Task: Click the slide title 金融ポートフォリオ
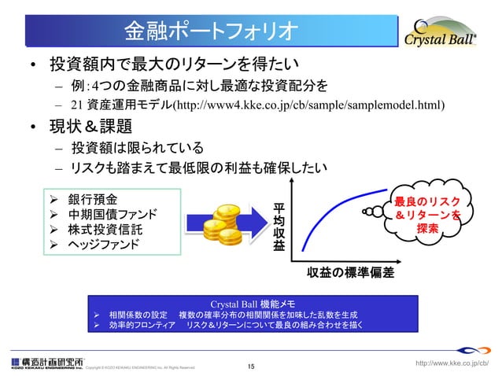(211, 31)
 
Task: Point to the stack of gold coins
(220, 222)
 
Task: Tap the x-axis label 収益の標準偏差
(350, 273)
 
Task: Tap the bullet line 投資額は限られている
(137, 148)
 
